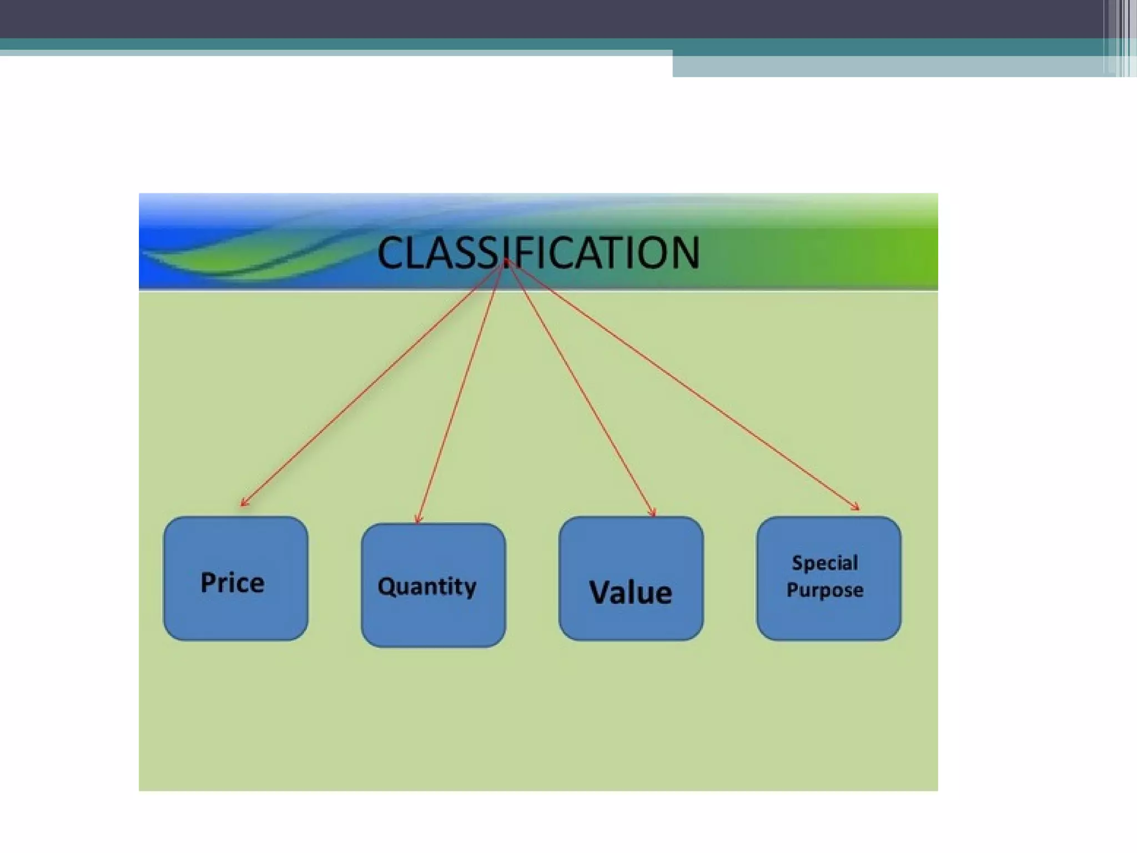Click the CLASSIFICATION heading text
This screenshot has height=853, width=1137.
pyautogui.click(x=538, y=253)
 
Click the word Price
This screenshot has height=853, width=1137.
pyautogui.click(x=232, y=583)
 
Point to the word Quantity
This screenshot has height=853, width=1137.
pyautogui.click(x=426, y=586)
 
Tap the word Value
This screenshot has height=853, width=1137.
pyautogui.click(x=630, y=592)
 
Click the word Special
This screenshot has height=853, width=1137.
pyautogui.click(x=824, y=563)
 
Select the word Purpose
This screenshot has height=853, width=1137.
pyautogui.click(x=824, y=590)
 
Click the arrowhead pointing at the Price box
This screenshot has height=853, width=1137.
pyautogui.click(x=243, y=503)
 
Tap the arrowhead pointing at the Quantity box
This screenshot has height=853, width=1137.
pyautogui.click(x=418, y=520)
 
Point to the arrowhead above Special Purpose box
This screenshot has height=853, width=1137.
pyautogui.click(x=856, y=506)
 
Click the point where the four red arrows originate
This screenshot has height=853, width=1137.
pyautogui.click(x=505, y=262)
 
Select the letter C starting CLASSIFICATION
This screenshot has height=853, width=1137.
pyautogui.click(x=391, y=253)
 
